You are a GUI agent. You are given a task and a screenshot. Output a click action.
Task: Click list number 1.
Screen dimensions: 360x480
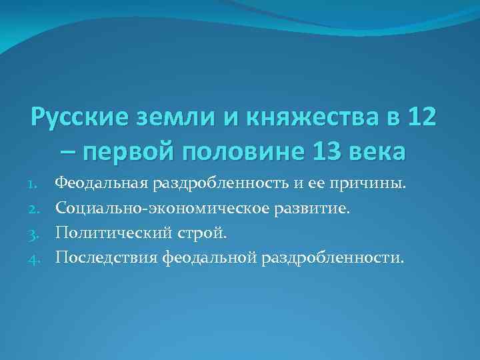coord(37,183)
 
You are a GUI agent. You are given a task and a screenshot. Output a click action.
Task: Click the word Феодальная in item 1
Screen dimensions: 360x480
coord(101,183)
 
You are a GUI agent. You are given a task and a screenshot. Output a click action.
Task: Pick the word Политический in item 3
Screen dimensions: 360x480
coord(107,233)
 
